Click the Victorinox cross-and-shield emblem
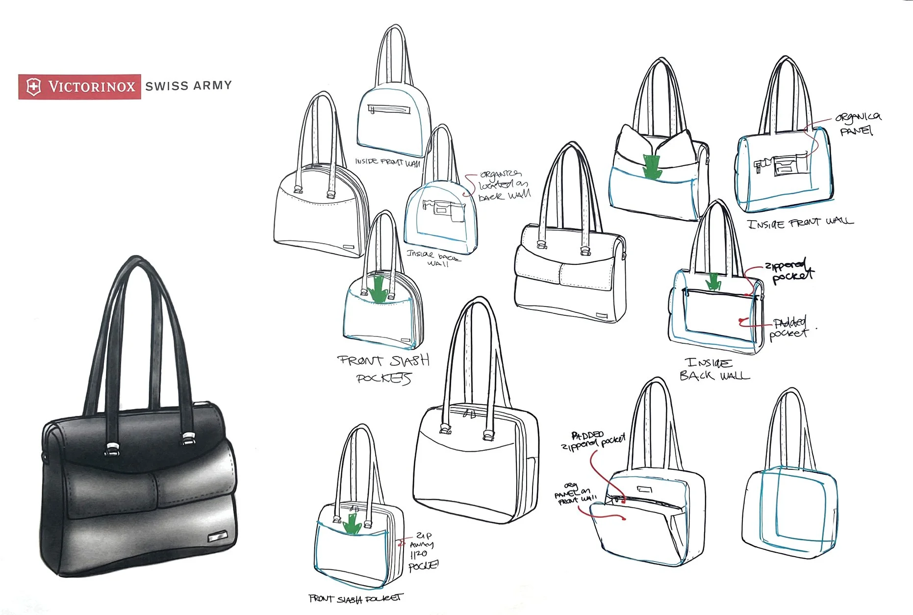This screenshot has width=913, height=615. (x=33, y=87)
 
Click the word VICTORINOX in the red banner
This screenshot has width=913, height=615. (x=91, y=87)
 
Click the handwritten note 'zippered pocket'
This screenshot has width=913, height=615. (x=789, y=272)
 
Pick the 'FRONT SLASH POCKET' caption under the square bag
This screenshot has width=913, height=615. (x=355, y=598)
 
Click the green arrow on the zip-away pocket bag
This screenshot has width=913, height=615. (x=352, y=523)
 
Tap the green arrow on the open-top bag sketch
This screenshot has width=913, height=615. (x=652, y=166)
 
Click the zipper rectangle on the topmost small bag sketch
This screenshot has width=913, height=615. (x=390, y=109)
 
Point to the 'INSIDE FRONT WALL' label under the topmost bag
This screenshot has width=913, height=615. (x=387, y=162)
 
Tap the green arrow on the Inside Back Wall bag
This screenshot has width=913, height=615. (x=712, y=282)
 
